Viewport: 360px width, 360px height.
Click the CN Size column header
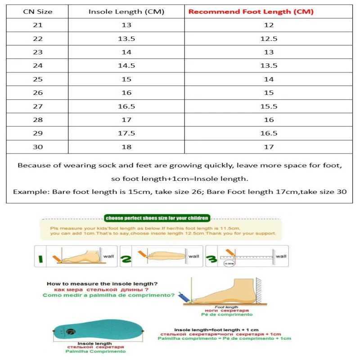pyautogui.click(x=38, y=12)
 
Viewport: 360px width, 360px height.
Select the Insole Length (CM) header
pyautogui.click(x=126, y=12)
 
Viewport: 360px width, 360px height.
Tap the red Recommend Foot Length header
pyautogui.click(x=251, y=12)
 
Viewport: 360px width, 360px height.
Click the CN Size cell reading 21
pyautogui.click(x=38, y=25)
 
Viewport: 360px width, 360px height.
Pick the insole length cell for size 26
pyautogui.click(x=126, y=93)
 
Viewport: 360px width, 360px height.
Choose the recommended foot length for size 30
pyautogui.click(x=269, y=147)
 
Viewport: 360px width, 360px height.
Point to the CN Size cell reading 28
pyautogui.click(x=38, y=120)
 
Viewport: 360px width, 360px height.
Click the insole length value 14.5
pyautogui.click(x=126, y=66)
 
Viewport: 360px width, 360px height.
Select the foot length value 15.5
pyautogui.click(x=269, y=106)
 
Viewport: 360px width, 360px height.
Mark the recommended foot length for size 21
pyautogui.click(x=269, y=25)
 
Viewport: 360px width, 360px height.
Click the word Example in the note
pyautogui.click(x=31, y=192)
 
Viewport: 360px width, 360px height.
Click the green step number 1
pyautogui.click(x=41, y=258)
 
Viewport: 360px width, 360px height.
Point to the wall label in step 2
pyautogui.click(x=193, y=256)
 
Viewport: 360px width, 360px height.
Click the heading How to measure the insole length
pyautogui.click(x=102, y=284)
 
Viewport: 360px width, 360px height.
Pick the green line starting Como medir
pyautogui.click(x=108, y=296)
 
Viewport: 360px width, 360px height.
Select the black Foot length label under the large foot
pyautogui.click(x=229, y=307)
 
